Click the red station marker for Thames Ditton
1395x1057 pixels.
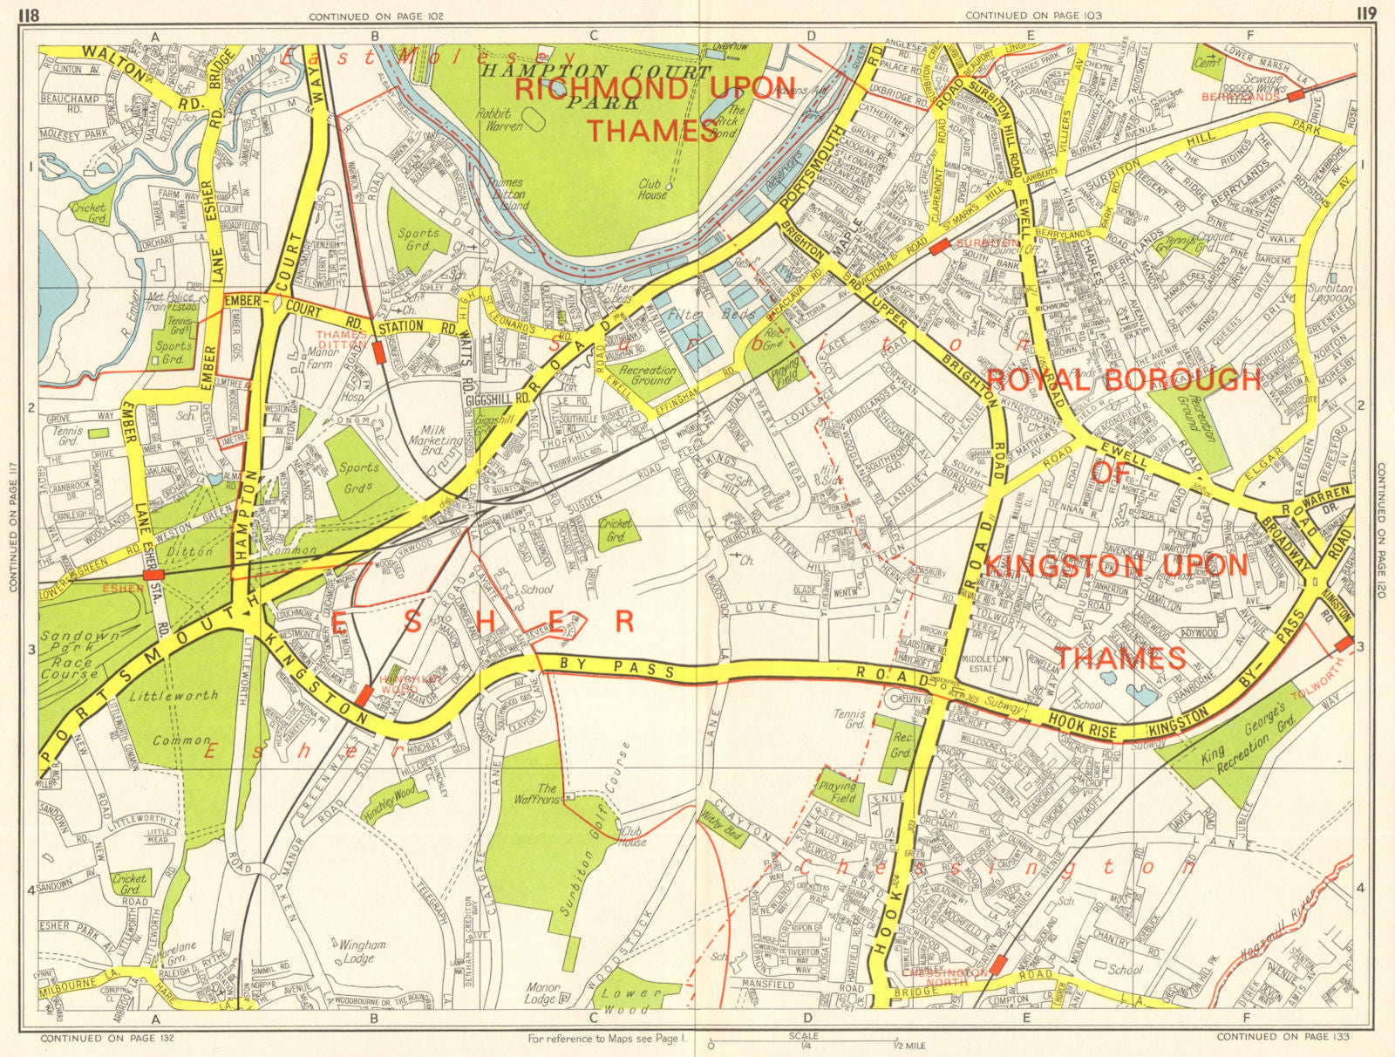click(378, 352)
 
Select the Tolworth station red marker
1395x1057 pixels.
click(1344, 644)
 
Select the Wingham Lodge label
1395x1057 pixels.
click(362, 951)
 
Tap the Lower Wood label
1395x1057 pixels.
click(630, 999)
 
